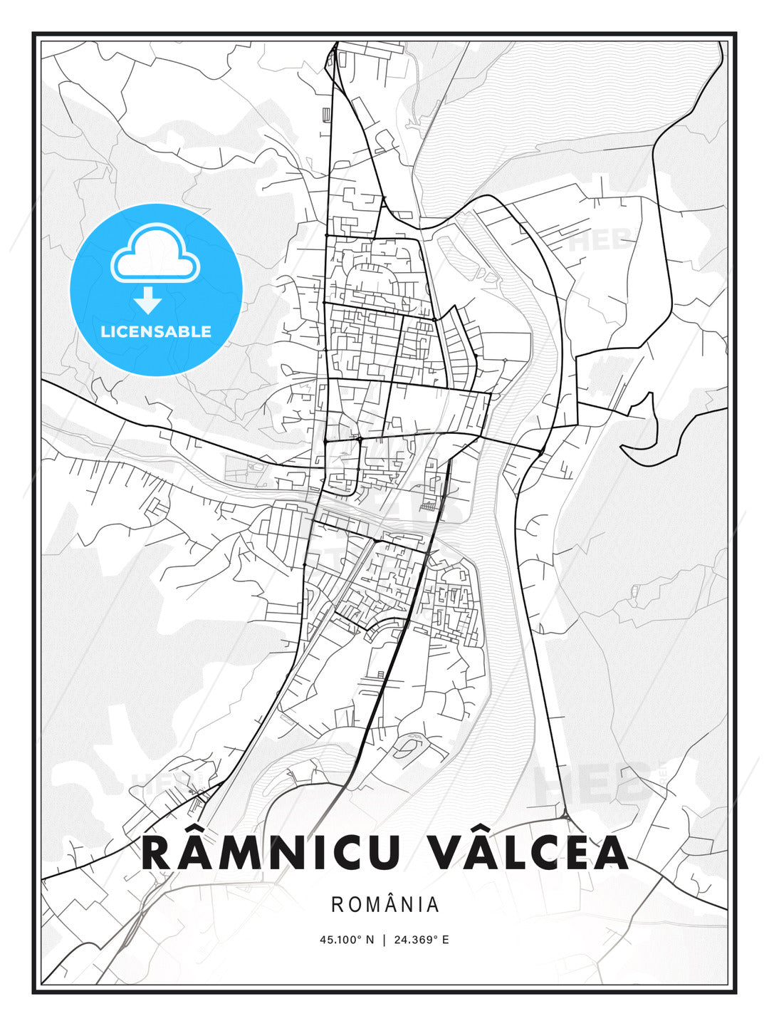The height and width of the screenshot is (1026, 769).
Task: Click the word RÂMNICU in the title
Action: coord(271,853)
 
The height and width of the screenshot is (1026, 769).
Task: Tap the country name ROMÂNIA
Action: coord(384,905)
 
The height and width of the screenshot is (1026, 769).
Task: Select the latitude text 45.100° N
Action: coord(347,939)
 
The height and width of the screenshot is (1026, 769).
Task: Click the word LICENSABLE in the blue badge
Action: coord(156,331)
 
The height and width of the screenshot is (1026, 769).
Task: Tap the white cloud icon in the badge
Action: coord(155,255)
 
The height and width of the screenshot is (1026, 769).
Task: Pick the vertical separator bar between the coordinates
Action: coord(384,939)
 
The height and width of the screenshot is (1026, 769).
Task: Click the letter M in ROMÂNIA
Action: coord(367,905)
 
